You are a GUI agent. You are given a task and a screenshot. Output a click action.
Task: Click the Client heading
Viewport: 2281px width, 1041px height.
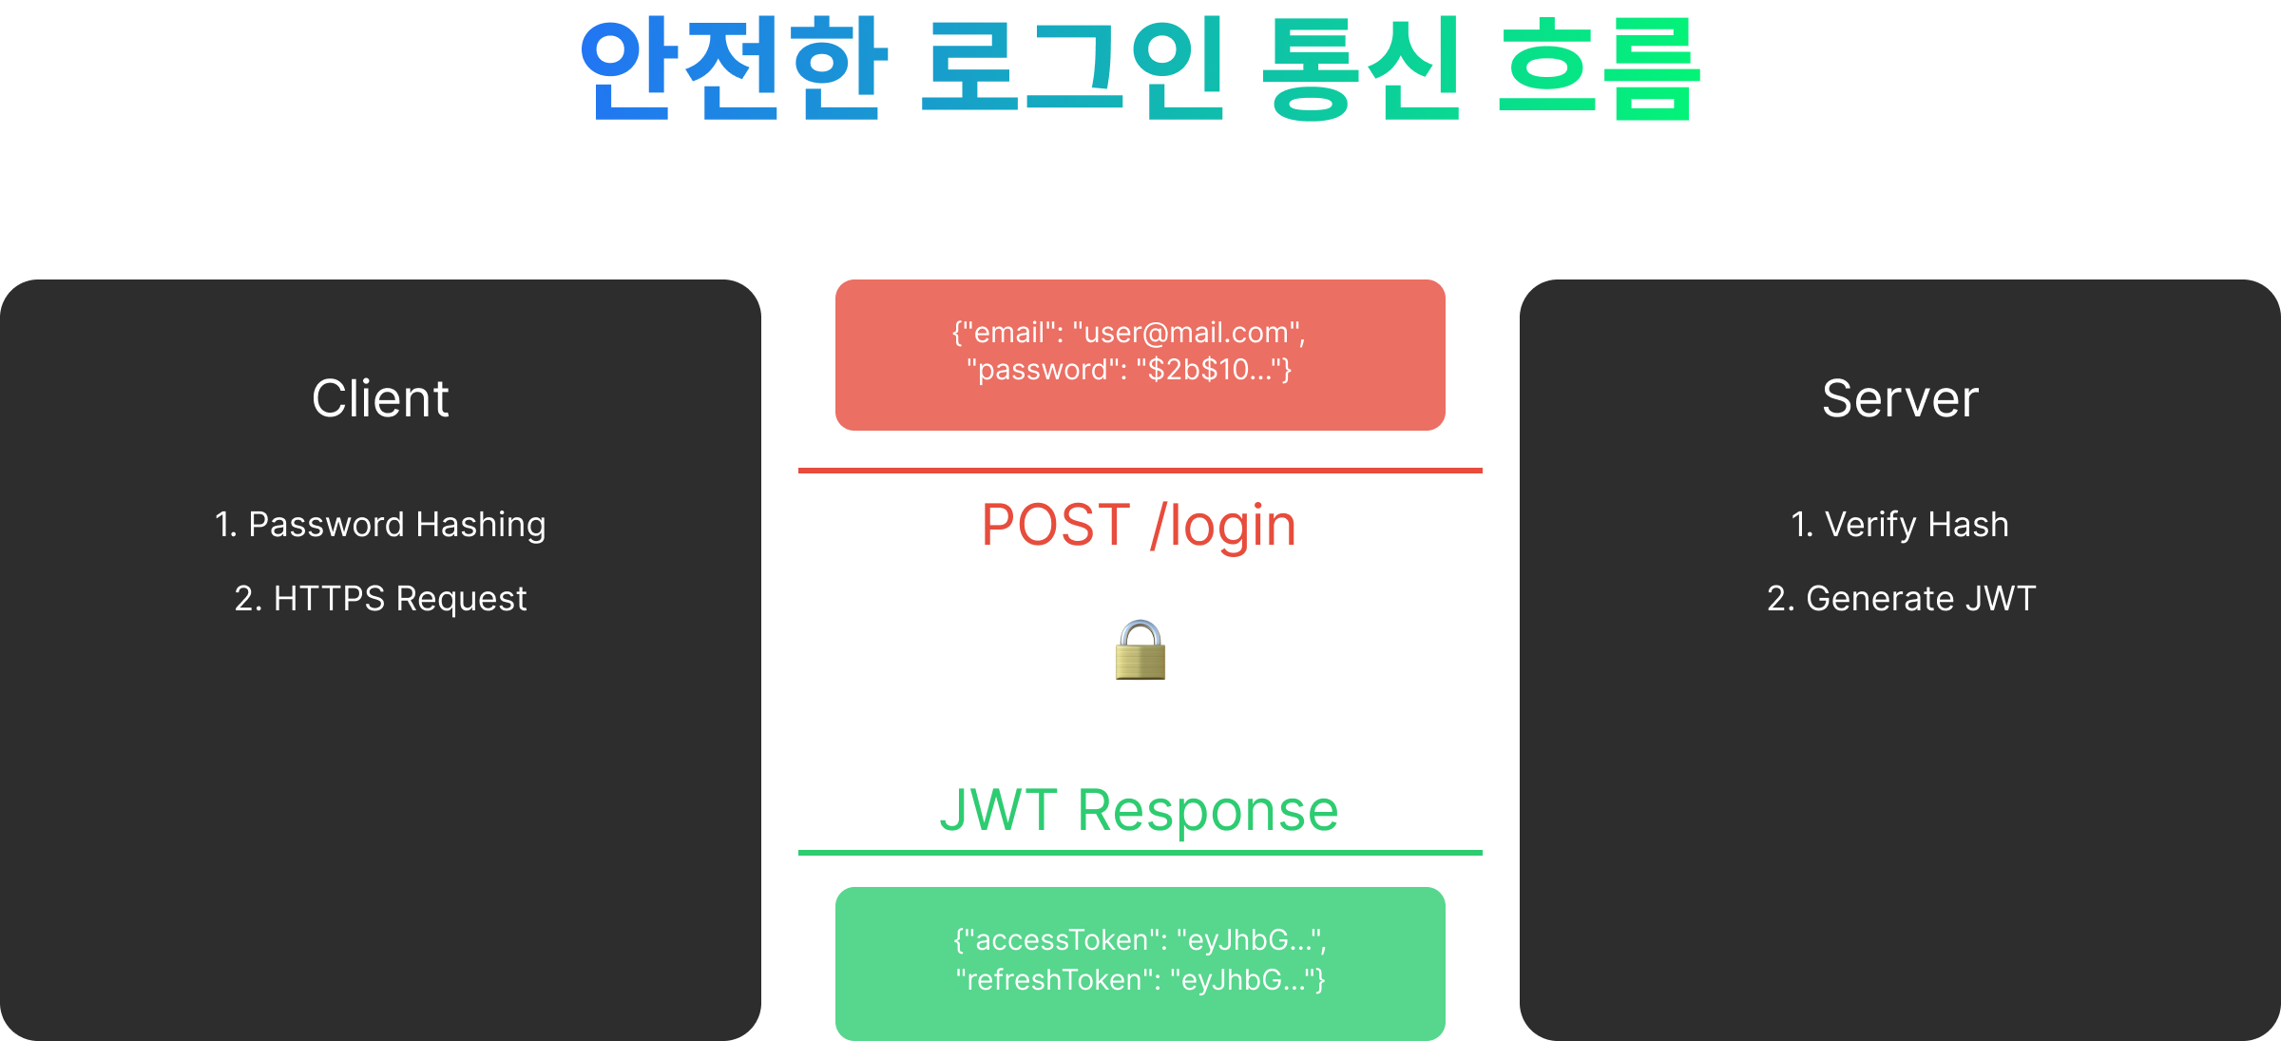tap(380, 398)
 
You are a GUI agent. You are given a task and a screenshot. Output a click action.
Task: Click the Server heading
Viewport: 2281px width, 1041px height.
tap(1900, 398)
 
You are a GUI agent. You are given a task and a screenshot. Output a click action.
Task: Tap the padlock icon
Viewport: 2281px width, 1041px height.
tap(1140, 651)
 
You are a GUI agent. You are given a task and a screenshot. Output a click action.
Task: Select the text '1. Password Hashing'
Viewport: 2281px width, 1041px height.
tap(380, 525)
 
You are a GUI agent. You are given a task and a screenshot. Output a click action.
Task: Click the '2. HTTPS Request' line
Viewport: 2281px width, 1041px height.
tap(380, 599)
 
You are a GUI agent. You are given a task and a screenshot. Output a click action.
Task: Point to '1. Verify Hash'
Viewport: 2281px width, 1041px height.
tap(1900, 525)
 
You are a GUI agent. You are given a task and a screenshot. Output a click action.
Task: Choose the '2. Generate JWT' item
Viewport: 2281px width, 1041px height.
tap(1901, 599)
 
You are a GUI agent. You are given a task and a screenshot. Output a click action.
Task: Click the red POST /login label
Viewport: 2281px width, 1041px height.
tap(1139, 526)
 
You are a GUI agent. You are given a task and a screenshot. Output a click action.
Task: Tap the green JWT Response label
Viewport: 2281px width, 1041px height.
tap(1139, 811)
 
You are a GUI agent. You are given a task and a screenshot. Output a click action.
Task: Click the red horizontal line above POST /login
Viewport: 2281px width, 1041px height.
tap(1140, 471)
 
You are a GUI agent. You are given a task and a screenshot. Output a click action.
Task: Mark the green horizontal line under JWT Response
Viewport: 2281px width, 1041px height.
tap(1140, 853)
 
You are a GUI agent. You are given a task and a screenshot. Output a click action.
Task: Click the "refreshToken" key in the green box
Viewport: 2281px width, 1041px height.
tap(1056, 980)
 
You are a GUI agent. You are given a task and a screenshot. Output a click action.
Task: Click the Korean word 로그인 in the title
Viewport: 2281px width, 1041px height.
tap(1073, 68)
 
